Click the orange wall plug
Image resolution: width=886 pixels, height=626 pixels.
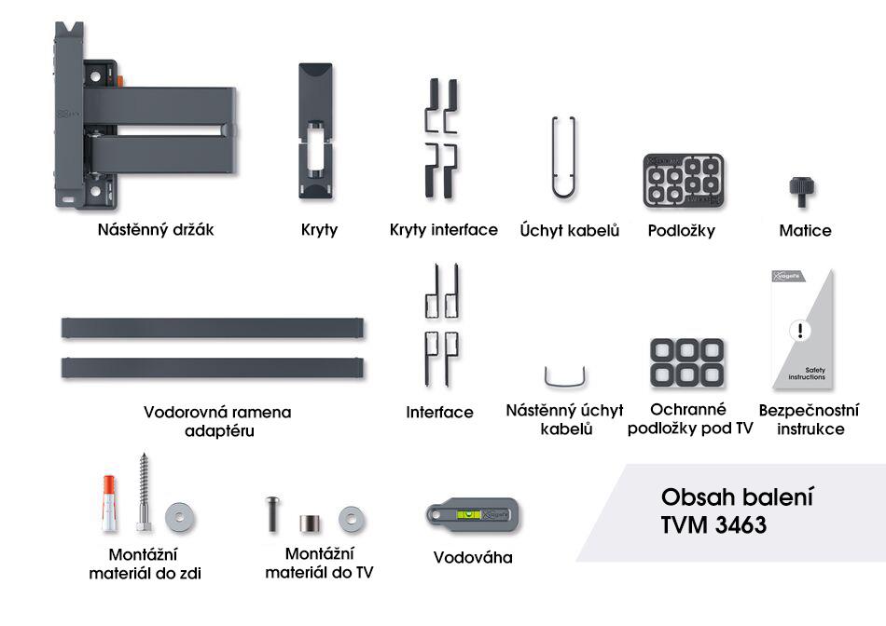[109, 504]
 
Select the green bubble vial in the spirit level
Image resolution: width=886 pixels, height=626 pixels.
[468, 515]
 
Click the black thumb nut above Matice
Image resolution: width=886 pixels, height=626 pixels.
[802, 191]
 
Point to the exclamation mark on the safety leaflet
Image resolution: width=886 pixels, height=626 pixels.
[799, 330]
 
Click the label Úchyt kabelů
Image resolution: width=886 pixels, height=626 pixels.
[570, 230]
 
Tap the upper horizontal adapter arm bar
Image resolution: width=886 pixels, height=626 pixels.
[213, 328]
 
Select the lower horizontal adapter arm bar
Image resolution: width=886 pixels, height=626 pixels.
[213, 368]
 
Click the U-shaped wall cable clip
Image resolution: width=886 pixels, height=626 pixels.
[565, 386]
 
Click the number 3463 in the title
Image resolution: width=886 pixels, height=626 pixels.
[741, 525]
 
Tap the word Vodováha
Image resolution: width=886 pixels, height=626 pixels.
[473, 558]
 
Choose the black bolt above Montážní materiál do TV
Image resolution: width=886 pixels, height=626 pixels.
[273, 513]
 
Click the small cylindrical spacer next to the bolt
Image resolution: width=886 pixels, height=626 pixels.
[310, 524]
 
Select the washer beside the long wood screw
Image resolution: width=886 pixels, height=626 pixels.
[180, 517]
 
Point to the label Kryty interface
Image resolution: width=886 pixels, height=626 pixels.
[444, 230]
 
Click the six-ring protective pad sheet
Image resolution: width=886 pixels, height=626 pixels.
[687, 362]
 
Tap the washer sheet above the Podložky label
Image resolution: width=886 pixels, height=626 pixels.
[684, 181]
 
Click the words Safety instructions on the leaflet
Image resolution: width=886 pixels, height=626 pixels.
[808, 374]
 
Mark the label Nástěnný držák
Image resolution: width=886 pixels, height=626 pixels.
[156, 230]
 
